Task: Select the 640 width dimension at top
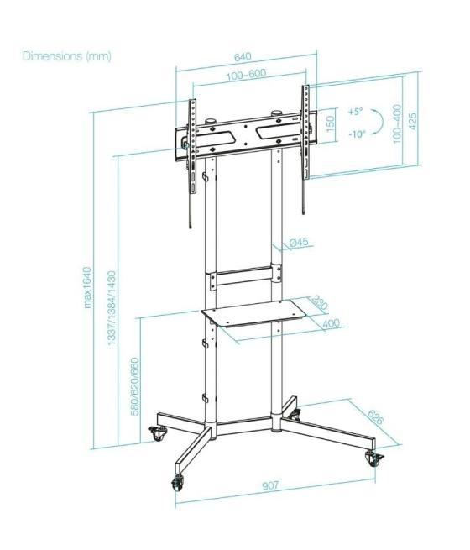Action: pyautogui.click(x=242, y=57)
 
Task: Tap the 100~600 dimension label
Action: pyautogui.click(x=246, y=74)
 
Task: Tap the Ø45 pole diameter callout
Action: pyautogui.click(x=300, y=243)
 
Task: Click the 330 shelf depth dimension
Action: pyautogui.click(x=319, y=302)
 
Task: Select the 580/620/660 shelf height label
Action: pyautogui.click(x=133, y=390)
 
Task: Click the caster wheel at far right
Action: pyautogui.click(x=373, y=458)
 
